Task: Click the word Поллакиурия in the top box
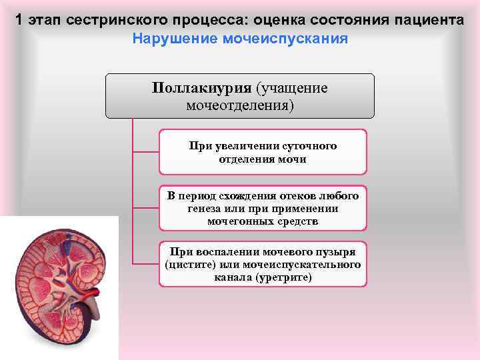(201, 89)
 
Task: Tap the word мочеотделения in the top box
(240, 105)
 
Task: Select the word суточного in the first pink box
(309, 145)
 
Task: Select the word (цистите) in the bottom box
(189, 264)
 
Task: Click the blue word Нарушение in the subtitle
(172, 37)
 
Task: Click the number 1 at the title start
(21, 19)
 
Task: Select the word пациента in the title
(429, 19)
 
